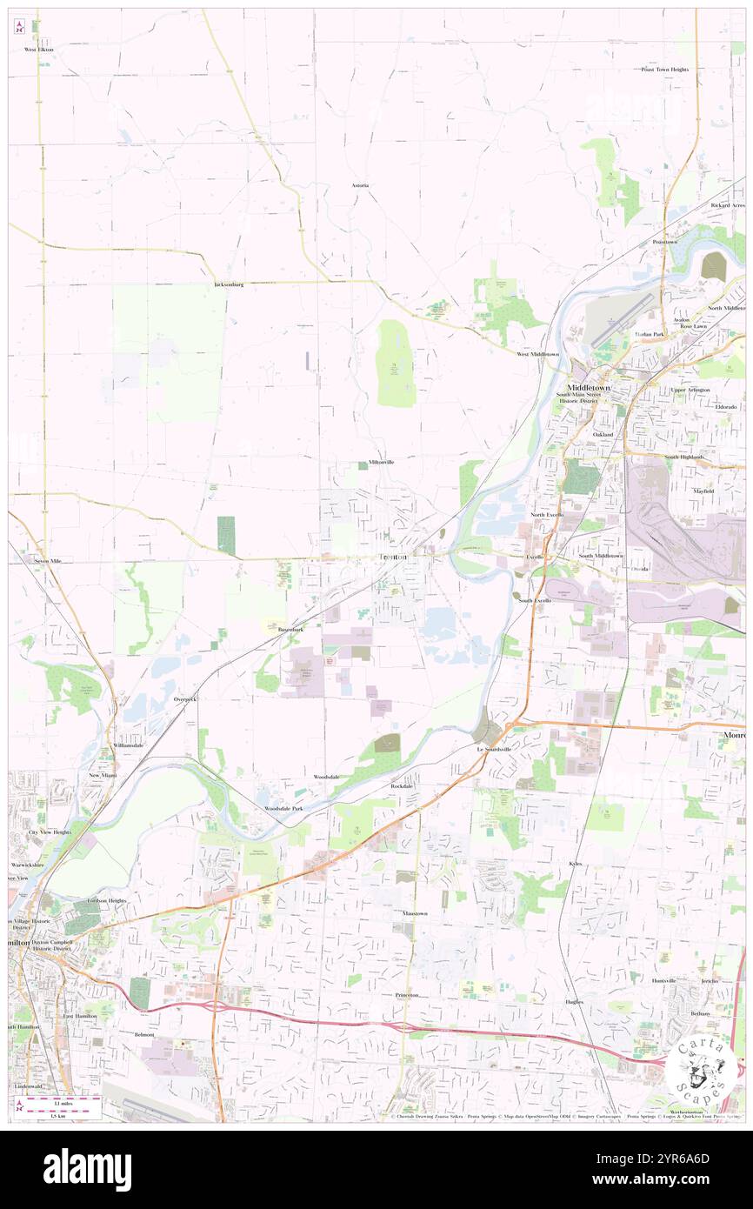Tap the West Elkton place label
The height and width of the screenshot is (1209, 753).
(39, 50)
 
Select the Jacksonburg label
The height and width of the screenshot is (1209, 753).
(229, 284)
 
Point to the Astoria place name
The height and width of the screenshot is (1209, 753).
(360, 185)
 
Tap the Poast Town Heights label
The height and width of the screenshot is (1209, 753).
(665, 69)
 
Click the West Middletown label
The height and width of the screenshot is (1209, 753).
(537, 355)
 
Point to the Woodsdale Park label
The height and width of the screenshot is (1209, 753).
(283, 808)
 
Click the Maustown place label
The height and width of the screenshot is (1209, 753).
(415, 914)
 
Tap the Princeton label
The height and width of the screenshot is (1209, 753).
(406, 994)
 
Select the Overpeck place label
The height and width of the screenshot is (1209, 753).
(185, 698)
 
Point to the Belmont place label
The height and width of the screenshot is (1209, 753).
(144, 1034)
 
